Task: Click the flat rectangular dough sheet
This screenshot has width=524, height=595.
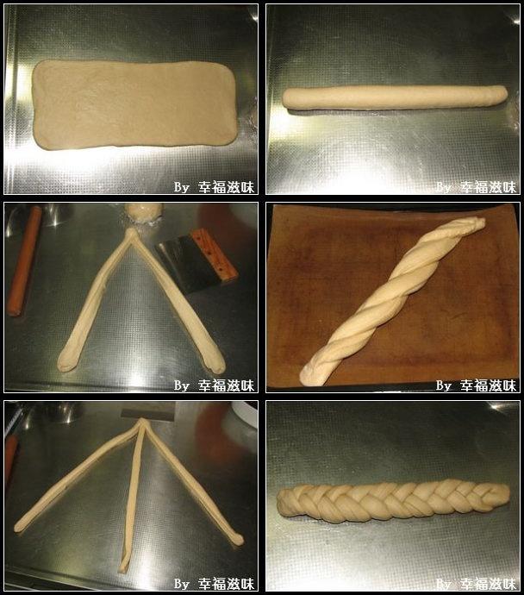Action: click(x=134, y=104)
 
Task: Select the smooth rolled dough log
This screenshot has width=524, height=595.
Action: click(x=395, y=97)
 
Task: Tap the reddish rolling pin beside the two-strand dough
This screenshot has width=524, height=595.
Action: click(x=25, y=261)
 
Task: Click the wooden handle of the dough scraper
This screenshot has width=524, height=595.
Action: click(x=214, y=255)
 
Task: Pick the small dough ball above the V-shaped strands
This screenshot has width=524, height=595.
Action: click(x=144, y=214)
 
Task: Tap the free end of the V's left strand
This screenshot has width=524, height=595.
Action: click(x=65, y=364)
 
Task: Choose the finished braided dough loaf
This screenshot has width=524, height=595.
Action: click(x=393, y=501)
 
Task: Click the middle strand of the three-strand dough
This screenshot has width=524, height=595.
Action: click(x=133, y=497)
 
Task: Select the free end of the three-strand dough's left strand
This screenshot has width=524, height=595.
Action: click(x=19, y=527)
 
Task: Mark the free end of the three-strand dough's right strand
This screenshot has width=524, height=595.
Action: click(x=238, y=539)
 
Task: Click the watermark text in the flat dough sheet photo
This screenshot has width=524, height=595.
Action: click(x=214, y=187)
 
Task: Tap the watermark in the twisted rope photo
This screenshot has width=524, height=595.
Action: click(x=477, y=385)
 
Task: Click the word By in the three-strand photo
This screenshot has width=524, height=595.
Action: click(x=182, y=584)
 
